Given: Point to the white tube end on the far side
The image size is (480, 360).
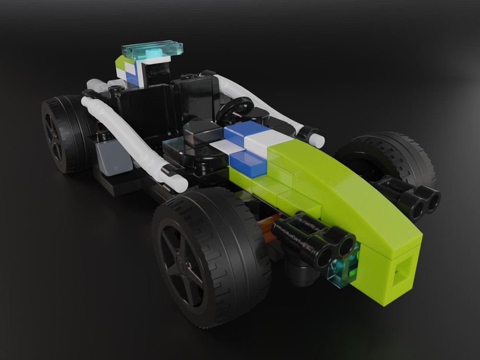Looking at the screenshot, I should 314,139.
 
